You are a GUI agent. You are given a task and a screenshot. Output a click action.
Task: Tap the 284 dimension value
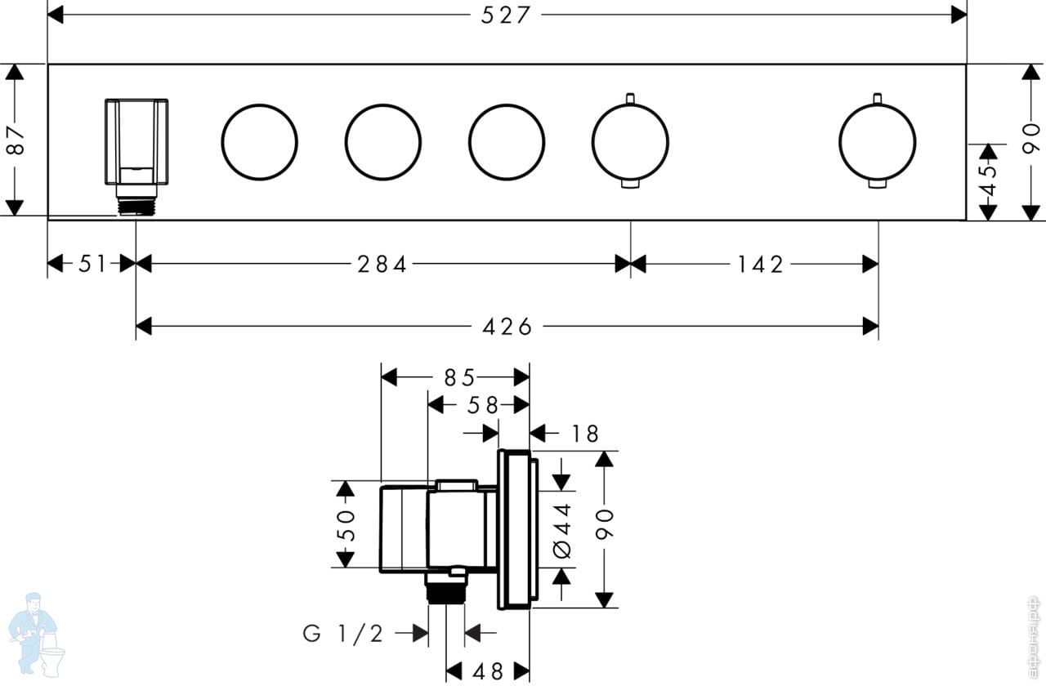click(x=382, y=265)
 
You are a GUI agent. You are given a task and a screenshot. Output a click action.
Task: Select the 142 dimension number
click(x=760, y=265)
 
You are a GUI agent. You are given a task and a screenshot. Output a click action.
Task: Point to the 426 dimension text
click(x=507, y=327)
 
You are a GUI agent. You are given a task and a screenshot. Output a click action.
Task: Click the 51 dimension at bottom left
click(x=92, y=265)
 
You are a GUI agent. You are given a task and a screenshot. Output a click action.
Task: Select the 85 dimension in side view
click(x=459, y=377)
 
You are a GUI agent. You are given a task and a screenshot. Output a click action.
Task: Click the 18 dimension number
click(x=586, y=434)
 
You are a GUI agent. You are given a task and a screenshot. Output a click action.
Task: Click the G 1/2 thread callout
click(x=343, y=633)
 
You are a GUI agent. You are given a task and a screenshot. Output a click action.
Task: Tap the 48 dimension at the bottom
click(x=488, y=671)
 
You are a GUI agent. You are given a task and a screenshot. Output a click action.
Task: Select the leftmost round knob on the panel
click(x=259, y=141)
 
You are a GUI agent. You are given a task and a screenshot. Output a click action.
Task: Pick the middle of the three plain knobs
click(x=383, y=141)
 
